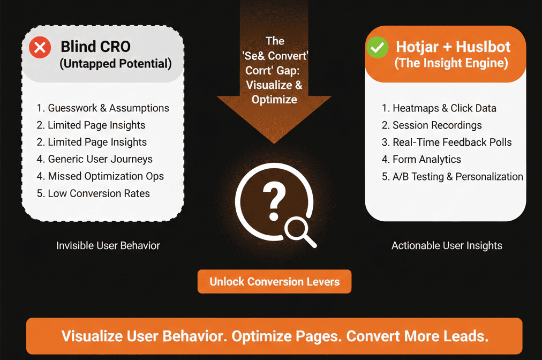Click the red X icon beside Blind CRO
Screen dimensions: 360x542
click(39, 48)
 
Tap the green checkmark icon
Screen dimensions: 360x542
click(378, 48)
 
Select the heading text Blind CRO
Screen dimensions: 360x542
click(95, 47)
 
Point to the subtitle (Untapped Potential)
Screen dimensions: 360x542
click(115, 64)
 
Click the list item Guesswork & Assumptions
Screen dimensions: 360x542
click(103, 108)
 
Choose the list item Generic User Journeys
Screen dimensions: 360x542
click(95, 159)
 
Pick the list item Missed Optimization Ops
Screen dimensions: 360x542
click(100, 176)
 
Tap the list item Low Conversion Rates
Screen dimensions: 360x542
click(94, 193)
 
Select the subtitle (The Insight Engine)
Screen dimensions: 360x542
click(451, 63)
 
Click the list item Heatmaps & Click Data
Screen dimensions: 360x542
click(439, 108)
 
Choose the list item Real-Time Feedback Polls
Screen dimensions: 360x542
click(447, 142)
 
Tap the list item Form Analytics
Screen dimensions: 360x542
click(421, 160)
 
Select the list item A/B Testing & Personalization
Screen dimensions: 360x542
click(453, 177)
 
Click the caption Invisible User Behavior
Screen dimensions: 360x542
click(108, 246)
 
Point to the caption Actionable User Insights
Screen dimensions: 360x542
click(447, 246)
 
